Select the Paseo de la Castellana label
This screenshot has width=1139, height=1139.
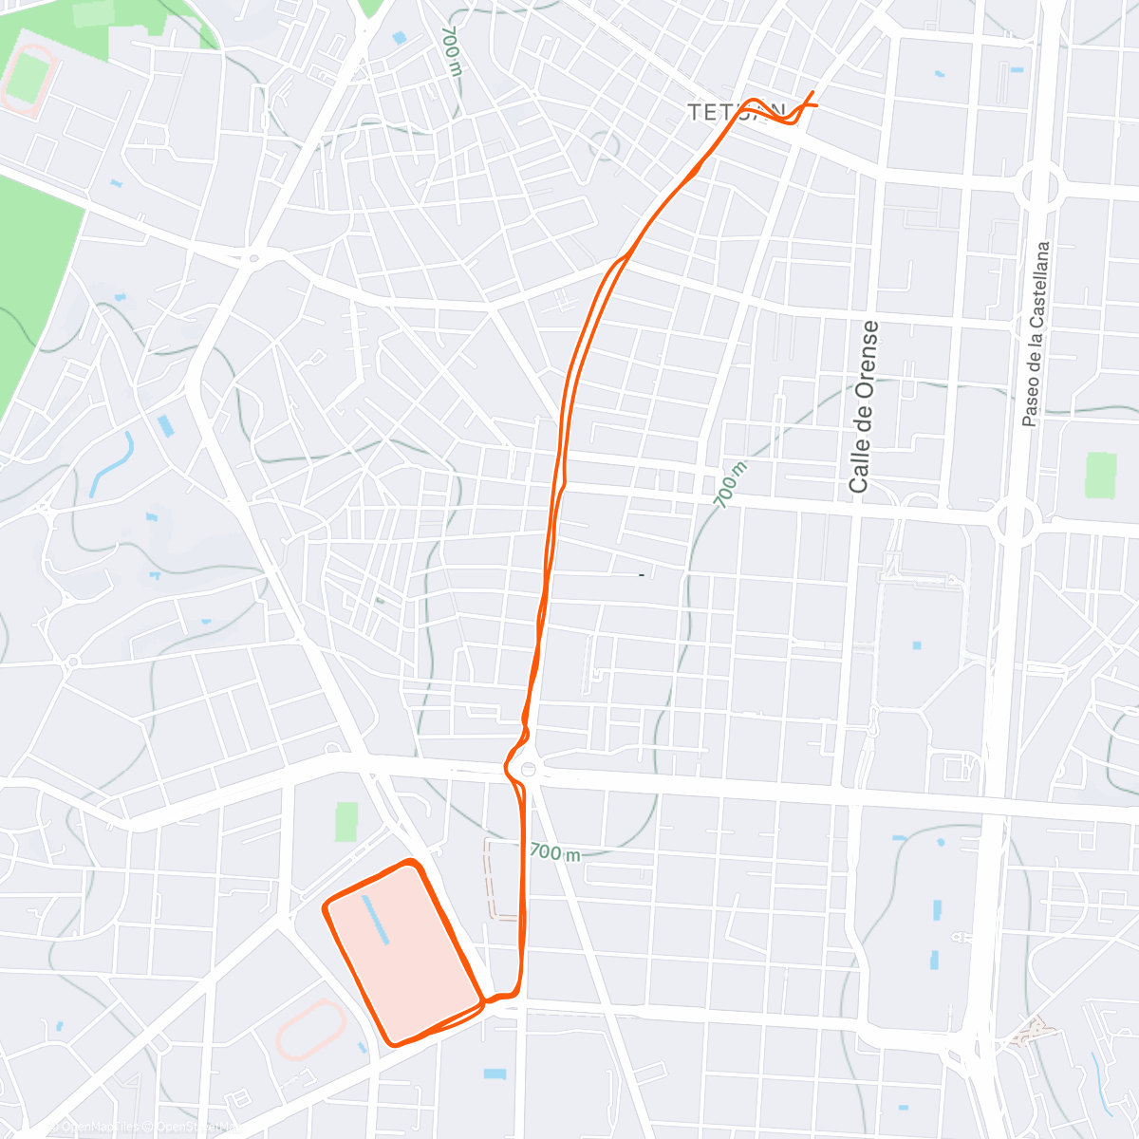coord(1036,333)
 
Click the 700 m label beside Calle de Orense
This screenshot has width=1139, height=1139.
coord(728,484)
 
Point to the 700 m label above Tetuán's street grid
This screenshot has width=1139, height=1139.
coord(451,50)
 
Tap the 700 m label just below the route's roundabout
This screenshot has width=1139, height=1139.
coord(554,851)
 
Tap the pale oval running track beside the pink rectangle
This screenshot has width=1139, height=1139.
coord(311,1032)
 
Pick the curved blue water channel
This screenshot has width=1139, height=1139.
coord(112,465)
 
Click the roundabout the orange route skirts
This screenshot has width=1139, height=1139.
coord(527,770)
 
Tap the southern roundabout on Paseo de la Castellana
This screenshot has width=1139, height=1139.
coord(1014,520)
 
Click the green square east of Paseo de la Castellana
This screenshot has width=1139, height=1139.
coord(1101,476)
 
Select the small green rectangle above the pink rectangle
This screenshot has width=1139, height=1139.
coord(347,822)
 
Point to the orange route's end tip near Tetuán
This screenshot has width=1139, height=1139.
coord(813,92)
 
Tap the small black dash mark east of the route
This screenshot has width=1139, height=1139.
coord(643,575)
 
